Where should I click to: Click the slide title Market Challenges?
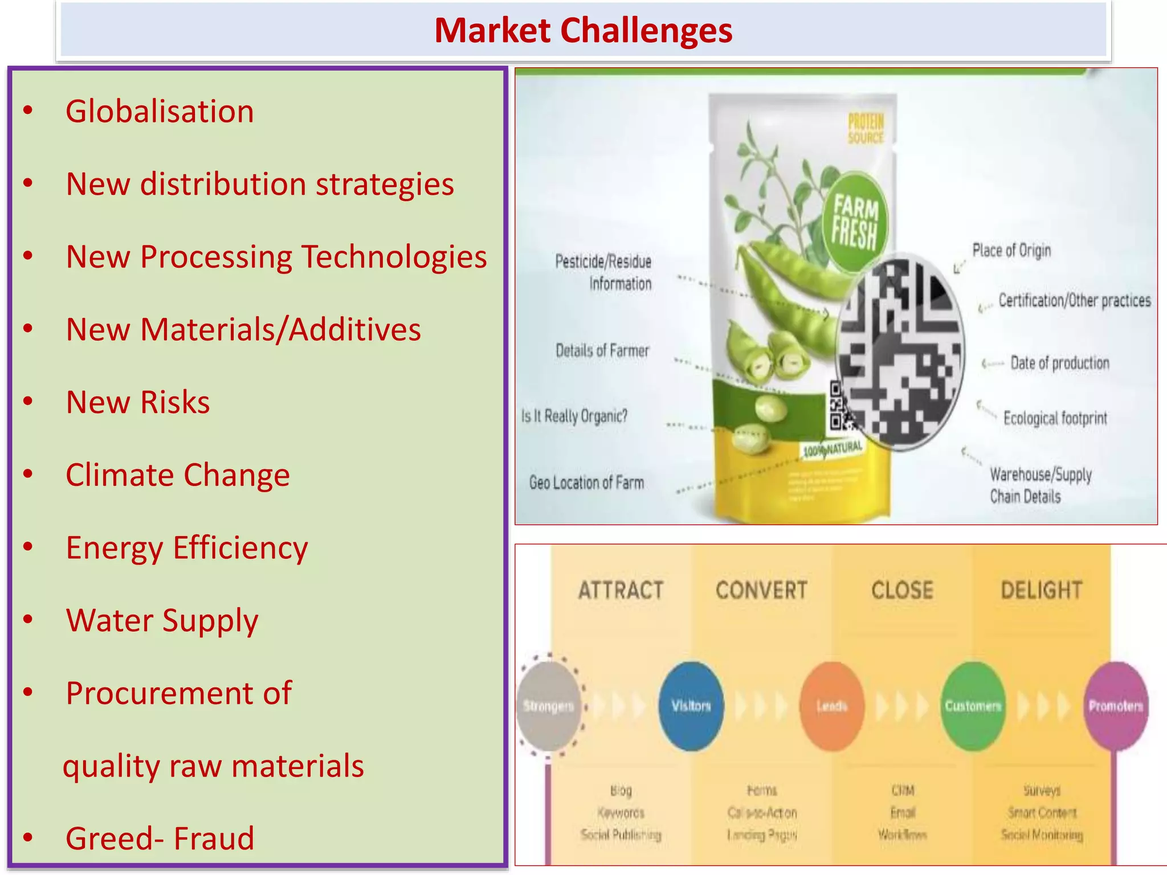583,30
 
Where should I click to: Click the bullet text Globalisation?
160,111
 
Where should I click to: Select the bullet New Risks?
138,402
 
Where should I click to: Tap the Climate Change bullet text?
178,475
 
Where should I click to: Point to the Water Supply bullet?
162,620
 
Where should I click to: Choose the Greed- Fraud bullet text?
160,839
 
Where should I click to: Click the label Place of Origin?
1011,251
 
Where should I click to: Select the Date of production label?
1060,363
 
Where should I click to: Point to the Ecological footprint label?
1055,418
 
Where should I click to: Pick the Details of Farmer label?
602,350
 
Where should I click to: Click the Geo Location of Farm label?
586,483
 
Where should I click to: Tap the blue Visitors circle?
691,706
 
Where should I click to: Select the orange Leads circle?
832,706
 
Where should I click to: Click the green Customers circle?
973,706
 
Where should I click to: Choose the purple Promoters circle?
1116,706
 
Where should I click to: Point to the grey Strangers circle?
549,706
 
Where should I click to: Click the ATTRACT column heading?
621,590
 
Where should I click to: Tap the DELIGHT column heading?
1042,590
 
